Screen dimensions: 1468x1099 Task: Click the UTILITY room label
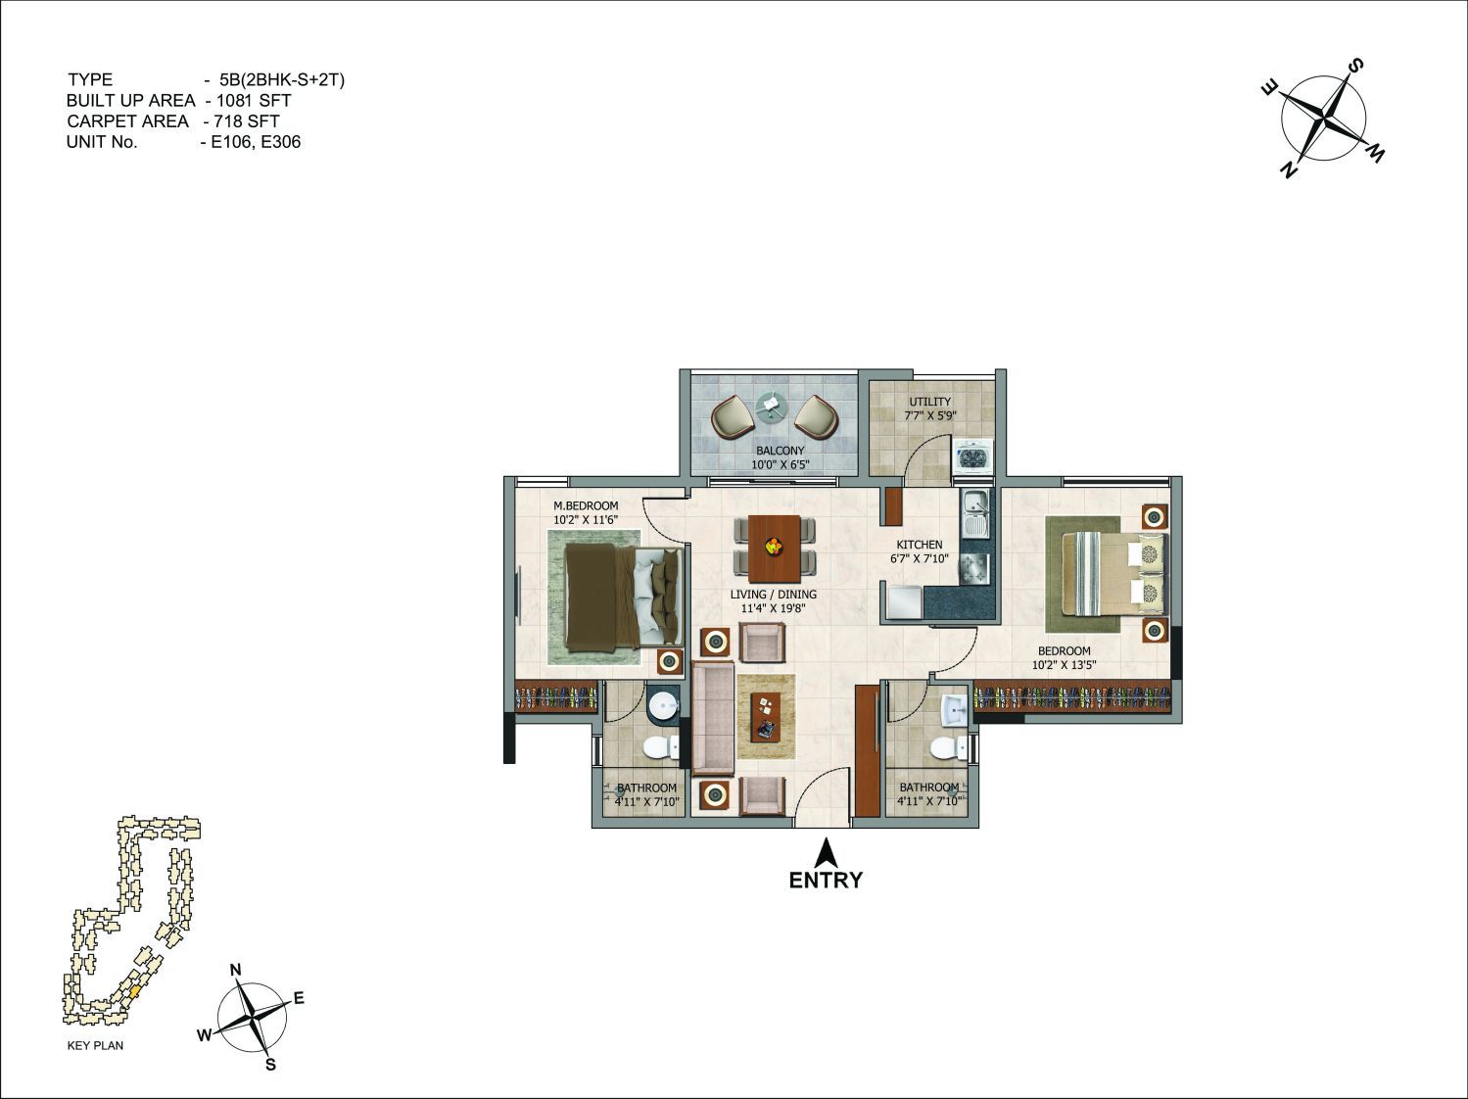coord(929,402)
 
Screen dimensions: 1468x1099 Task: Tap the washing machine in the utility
coord(972,456)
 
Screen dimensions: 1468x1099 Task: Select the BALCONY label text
coord(780,451)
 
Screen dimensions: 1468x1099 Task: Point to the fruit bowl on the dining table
coord(775,546)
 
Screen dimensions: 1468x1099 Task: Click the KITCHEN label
coord(920,545)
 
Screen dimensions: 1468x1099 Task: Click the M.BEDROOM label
coord(586,505)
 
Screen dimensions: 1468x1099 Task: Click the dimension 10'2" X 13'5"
coord(1065,665)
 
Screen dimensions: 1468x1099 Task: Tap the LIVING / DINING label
coord(773,594)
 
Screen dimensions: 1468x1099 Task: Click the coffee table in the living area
coord(766,716)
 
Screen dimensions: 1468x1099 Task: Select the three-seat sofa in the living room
coord(714,717)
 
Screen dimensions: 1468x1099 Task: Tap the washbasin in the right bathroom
coord(954,710)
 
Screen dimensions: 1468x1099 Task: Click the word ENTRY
coord(826,880)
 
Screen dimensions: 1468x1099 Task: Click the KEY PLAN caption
coord(96,1045)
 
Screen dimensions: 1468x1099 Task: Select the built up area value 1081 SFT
coord(254,100)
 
